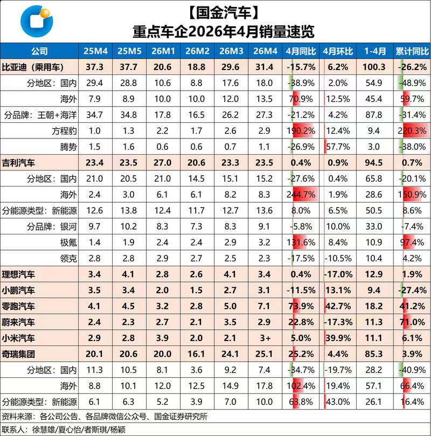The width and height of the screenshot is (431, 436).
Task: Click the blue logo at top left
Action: coord(37,22)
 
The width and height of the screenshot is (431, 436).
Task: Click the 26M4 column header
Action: coord(265,51)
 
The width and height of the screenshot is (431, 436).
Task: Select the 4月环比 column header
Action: coord(338,51)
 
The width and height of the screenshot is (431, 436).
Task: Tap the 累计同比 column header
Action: coord(412,51)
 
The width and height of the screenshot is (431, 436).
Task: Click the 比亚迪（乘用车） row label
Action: coord(33,67)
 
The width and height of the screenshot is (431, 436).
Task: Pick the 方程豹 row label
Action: coord(64,130)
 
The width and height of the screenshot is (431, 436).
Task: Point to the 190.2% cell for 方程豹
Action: coord(301,130)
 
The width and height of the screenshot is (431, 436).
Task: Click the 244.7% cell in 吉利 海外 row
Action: coord(301,195)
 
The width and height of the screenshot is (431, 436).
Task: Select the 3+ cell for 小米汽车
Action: coord(265,338)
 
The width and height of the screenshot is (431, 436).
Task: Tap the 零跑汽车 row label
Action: coord(18,306)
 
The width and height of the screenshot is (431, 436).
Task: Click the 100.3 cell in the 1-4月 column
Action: coord(374,67)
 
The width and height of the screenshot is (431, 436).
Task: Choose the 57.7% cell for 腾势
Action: coord(338,147)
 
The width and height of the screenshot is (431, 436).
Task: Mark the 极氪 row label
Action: coord(68,243)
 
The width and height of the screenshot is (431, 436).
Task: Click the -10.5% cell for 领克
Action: coord(338,258)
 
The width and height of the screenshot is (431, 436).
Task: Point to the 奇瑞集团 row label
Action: coord(18,354)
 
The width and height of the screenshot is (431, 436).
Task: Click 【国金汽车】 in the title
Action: coord(224,13)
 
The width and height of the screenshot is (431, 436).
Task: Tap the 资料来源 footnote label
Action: coord(18,416)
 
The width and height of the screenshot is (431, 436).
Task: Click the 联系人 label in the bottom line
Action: coord(14,430)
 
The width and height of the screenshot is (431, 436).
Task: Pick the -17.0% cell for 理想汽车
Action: coord(338,274)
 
